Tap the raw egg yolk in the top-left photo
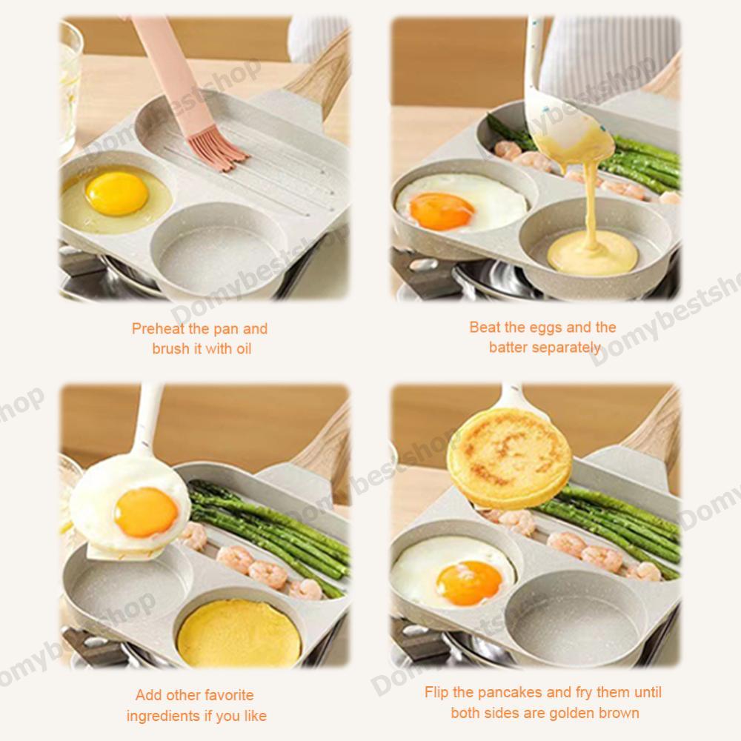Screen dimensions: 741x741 pos(117,193)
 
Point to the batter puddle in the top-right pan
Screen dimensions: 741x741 pos(592,254)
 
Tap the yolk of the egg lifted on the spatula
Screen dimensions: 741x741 pos(147,513)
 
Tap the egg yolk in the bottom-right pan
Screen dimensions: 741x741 pos(469,582)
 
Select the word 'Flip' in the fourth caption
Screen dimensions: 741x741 pos(436,692)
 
